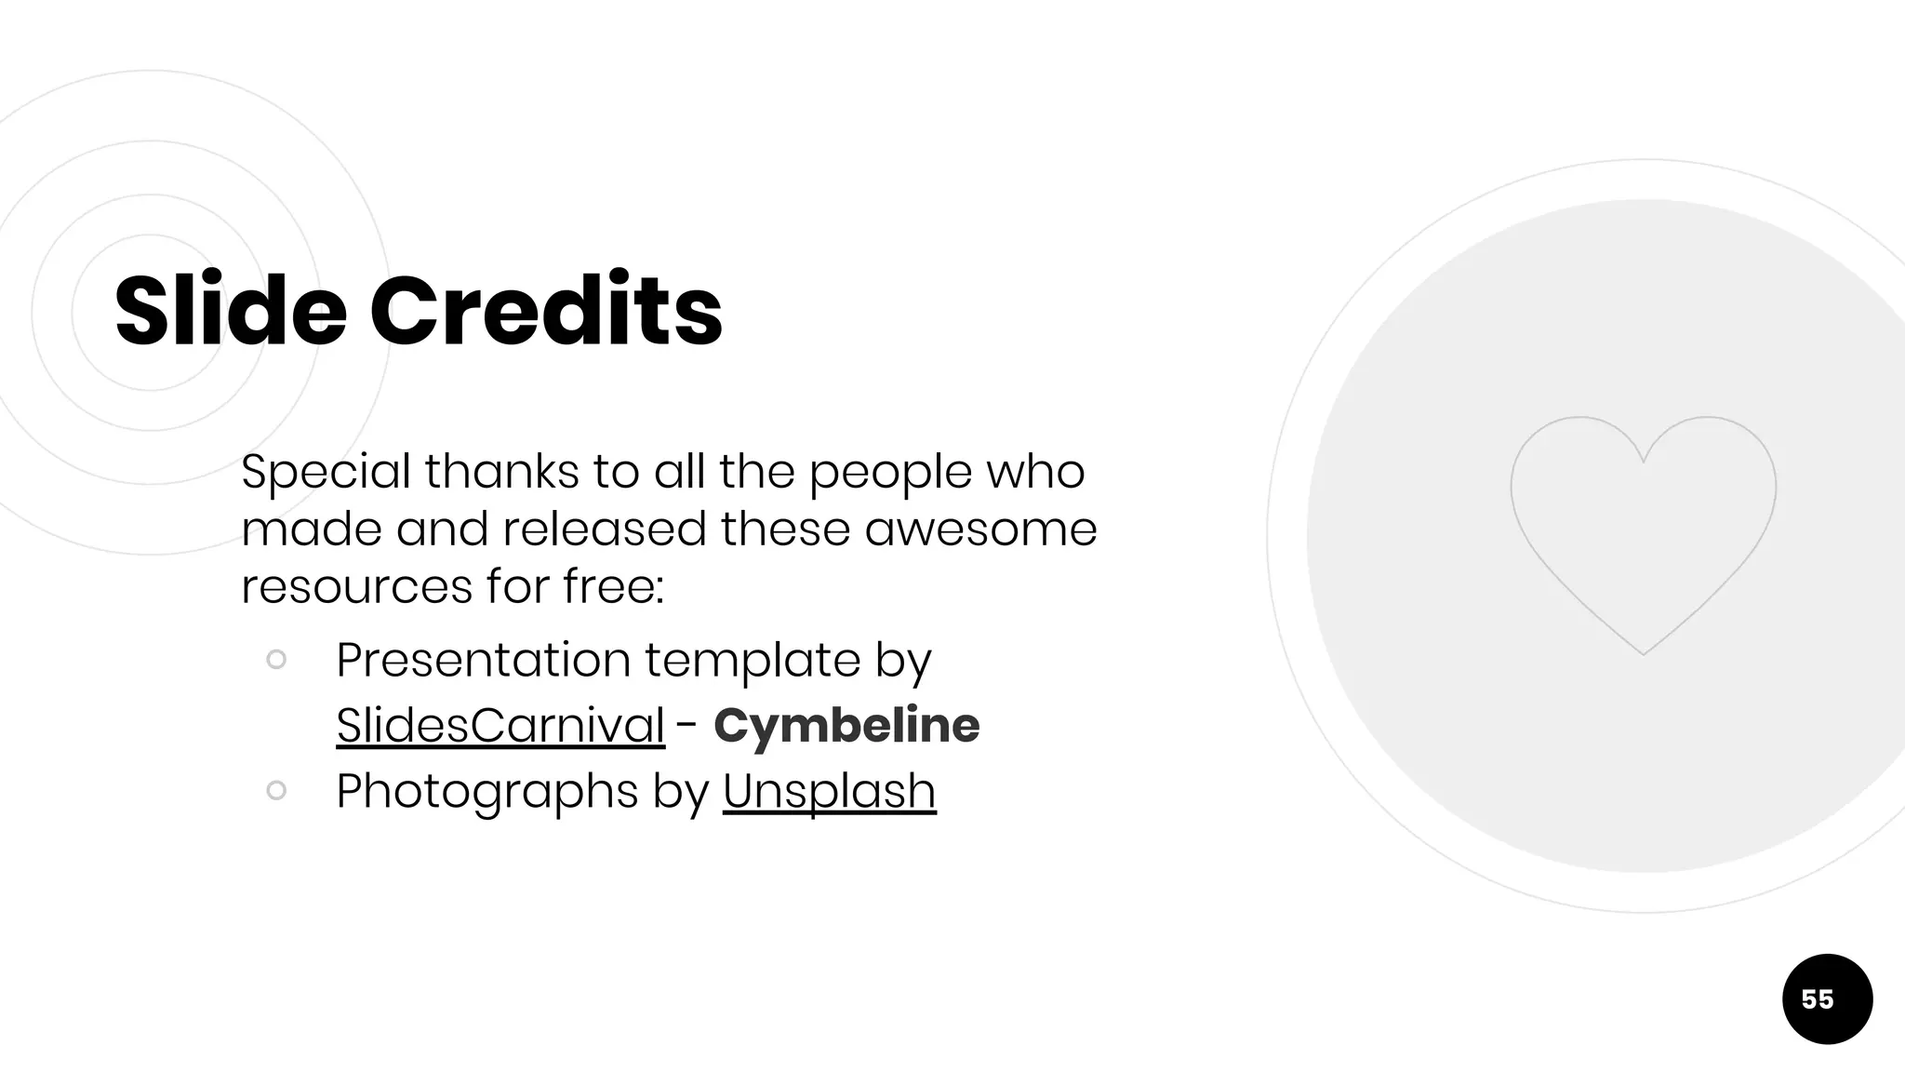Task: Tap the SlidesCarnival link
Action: [x=500, y=725]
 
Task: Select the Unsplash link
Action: [x=829, y=791]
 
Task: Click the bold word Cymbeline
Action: [x=846, y=725]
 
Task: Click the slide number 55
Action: [x=1818, y=999]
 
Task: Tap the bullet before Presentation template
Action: [x=276, y=660]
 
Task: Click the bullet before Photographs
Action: [x=276, y=791]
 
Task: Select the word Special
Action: [x=326, y=472]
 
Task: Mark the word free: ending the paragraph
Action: [x=613, y=587]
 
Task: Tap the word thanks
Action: [x=502, y=472]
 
